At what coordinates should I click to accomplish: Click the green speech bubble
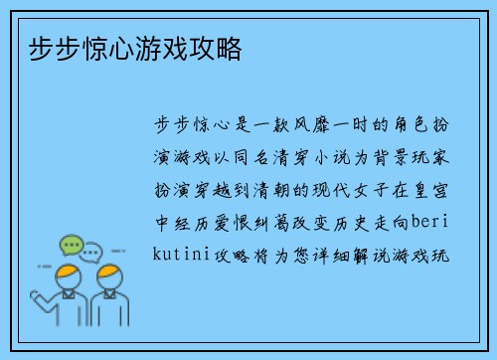point(71,243)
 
